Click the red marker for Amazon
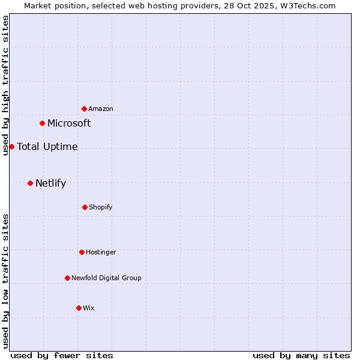[85, 109]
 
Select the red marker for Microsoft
[43, 123]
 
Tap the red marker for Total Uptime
[11, 146]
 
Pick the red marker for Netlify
[30, 183]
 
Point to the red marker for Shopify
[85, 207]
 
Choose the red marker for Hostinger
[82, 252]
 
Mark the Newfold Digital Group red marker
[67, 278]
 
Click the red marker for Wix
[79, 308]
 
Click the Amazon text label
[101, 109]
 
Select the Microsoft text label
[69, 123]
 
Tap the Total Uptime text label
[47, 146]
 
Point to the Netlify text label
[50, 183]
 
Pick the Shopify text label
[101, 207]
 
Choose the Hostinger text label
[101, 252]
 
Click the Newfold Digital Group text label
[106, 278]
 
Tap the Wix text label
[89, 308]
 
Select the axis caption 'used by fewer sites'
[62, 355]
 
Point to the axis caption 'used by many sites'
[301, 355]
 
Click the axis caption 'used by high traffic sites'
[5, 85]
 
